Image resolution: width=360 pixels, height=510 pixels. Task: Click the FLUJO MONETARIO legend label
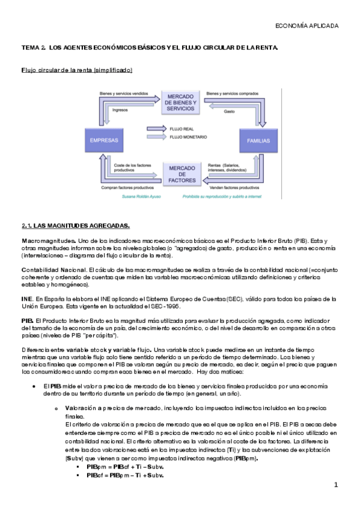188,137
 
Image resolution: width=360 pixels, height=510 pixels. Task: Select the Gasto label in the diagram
229,111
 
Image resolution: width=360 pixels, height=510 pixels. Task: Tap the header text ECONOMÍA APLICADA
307,26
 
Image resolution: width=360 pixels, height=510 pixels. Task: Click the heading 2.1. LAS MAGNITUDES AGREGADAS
76,226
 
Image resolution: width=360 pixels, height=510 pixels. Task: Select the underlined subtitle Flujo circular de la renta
77,70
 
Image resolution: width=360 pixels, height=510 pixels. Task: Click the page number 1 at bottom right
337,485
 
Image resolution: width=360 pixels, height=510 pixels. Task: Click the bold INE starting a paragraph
27,298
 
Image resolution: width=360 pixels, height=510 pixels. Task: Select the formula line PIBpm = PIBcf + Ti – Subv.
125,466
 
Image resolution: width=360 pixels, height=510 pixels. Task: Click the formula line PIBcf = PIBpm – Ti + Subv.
125,475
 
